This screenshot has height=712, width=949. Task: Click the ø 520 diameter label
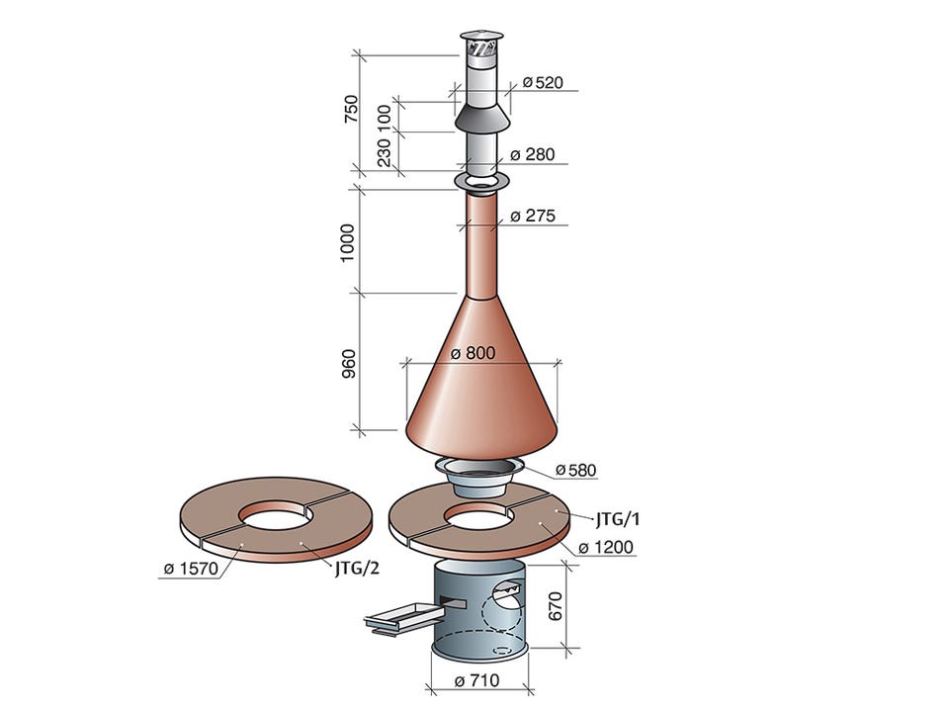543,82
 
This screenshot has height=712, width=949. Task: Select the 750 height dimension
351,110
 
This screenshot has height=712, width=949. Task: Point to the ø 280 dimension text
533,155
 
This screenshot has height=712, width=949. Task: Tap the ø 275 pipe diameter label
533,217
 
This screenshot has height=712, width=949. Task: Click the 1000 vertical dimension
347,243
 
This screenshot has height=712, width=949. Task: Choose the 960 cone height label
350,363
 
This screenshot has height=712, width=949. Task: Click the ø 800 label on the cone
474,353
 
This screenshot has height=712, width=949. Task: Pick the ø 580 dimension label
575,470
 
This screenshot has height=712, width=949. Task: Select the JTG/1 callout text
617,519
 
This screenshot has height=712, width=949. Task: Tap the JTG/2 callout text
357,569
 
